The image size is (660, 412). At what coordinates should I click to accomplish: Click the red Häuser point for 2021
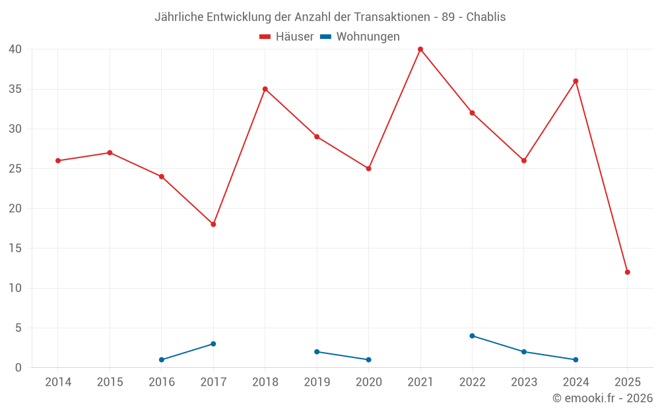pyautogui.click(x=420, y=49)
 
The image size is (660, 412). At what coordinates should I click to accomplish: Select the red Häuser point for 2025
pyautogui.click(x=628, y=272)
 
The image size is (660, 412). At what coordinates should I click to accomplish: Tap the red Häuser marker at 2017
pyautogui.click(x=213, y=224)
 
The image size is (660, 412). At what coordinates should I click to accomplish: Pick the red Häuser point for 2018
pyautogui.click(x=265, y=89)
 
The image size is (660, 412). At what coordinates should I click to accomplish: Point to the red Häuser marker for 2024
pyautogui.click(x=576, y=81)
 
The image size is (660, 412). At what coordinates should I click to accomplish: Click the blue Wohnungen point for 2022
pyautogui.click(x=472, y=336)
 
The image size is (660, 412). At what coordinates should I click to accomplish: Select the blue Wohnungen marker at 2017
pyautogui.click(x=213, y=343)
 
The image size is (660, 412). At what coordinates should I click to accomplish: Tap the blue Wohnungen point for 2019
pyautogui.click(x=317, y=351)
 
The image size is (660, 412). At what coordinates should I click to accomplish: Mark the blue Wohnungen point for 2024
pyautogui.click(x=576, y=360)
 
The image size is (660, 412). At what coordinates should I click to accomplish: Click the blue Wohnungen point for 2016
pyautogui.click(x=162, y=360)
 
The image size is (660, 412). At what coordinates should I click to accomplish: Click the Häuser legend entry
pyautogui.click(x=286, y=37)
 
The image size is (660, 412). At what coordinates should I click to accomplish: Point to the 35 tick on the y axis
pyautogui.click(x=15, y=89)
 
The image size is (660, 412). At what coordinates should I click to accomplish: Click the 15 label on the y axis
pyautogui.click(x=15, y=249)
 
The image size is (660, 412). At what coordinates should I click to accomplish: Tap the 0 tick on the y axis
pyautogui.click(x=18, y=368)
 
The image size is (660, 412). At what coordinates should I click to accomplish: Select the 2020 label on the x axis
pyautogui.click(x=368, y=382)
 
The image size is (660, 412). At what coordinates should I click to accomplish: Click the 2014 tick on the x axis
pyautogui.click(x=58, y=382)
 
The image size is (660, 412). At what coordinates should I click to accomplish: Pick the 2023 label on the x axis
pyautogui.click(x=524, y=382)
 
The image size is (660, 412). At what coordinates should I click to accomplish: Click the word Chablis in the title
pyautogui.click(x=486, y=17)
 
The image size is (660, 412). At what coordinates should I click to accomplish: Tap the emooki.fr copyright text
pyautogui.click(x=603, y=398)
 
